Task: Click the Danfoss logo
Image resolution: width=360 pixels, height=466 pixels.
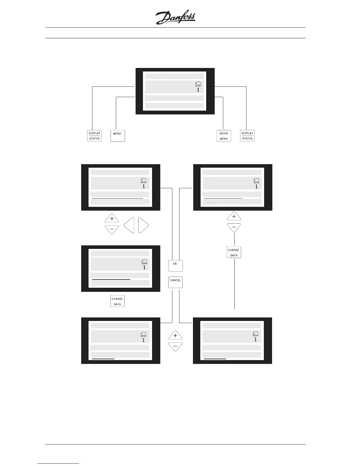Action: coord(175,18)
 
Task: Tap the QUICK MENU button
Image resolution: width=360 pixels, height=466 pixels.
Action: coord(224,136)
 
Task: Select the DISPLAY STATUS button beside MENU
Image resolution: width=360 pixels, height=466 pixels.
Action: coord(94,136)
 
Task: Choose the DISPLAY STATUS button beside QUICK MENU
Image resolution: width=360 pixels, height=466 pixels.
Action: coord(247,136)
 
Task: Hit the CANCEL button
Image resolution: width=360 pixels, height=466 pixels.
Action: coord(175,282)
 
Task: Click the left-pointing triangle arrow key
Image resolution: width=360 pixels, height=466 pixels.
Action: coord(129,226)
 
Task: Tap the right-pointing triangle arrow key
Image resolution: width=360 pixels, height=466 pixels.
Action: coord(143,226)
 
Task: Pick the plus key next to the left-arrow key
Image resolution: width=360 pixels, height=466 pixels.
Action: coord(112,218)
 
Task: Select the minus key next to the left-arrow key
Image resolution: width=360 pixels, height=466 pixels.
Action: coord(112,229)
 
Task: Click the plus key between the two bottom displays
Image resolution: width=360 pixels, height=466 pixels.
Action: coord(175,335)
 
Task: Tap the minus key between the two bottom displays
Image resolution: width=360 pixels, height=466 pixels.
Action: coord(175,347)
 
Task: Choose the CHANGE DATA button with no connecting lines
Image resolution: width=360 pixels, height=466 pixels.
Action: coord(117,301)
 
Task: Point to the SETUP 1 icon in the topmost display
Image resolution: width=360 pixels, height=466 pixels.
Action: coord(198,87)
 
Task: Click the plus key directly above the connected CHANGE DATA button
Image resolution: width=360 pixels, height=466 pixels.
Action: coord(234,216)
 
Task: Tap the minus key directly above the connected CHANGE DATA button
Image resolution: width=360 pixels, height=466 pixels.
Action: coord(234,227)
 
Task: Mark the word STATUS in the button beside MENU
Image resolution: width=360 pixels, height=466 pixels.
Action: coord(94,139)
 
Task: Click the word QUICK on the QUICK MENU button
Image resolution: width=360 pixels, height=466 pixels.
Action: coord(224,133)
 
